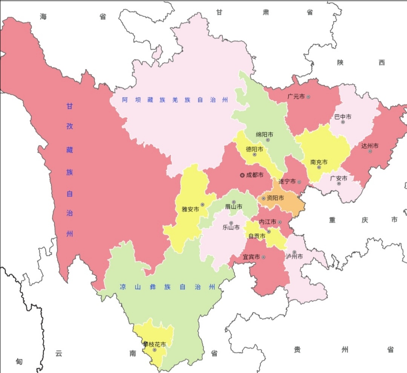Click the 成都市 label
255,175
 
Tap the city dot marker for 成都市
242,175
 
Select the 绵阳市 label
265,134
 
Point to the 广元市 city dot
308,97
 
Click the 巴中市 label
343,117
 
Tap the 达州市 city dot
370,151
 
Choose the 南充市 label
319,162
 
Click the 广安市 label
339,178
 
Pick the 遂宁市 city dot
299,182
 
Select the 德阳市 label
255,149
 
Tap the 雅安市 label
190,209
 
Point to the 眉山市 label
234,207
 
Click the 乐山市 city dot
231,223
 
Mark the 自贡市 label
257,236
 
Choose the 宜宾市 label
251,257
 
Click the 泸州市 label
294,257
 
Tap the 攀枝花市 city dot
155,350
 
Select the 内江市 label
268,222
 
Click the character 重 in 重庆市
332,220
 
